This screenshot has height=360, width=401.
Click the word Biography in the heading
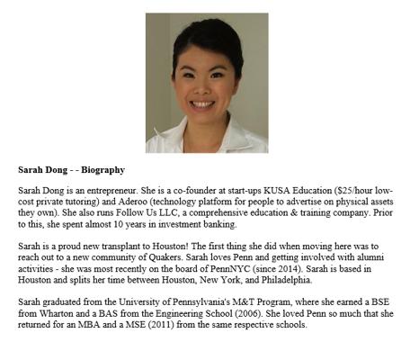coord(103,168)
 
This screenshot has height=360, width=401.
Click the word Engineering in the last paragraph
coord(165,322)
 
